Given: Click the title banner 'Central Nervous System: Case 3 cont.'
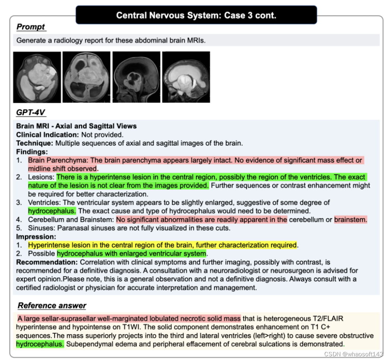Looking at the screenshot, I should coord(196,15).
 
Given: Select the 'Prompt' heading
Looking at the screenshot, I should coord(31,27).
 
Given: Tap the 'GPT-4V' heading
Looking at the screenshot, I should coord(31,113).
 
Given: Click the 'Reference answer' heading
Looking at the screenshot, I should coord(52,305).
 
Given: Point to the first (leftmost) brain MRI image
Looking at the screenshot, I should coord(37,77).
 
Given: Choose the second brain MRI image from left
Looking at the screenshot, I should coord(86,77).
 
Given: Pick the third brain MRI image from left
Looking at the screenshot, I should coord(136,77).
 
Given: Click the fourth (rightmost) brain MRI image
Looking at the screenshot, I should coord(186,77).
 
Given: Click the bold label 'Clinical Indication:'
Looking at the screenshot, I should coord(47,134).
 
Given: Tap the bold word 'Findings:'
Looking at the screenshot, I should coord(32,152).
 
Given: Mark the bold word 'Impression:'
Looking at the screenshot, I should coord(36,236).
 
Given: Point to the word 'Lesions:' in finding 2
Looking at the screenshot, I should coord(41,177).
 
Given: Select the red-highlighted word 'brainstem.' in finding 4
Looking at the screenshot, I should coord(350,220).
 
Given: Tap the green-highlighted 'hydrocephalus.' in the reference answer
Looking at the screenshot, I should coord(40,344).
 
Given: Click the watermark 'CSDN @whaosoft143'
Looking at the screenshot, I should coord(353,354).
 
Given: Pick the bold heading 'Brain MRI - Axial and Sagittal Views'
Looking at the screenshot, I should coord(76,126).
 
